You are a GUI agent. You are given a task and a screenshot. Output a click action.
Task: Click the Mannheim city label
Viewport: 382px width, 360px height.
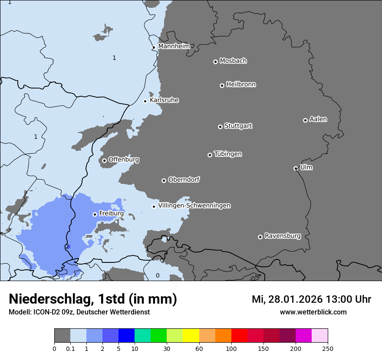click(x=174, y=46)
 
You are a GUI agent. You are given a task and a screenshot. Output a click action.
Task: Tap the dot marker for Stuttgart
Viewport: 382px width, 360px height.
click(x=220, y=127)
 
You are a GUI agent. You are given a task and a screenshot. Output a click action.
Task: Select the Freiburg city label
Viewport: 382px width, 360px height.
click(x=111, y=213)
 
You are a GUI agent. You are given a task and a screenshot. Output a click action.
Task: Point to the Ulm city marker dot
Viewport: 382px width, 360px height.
click(x=296, y=168)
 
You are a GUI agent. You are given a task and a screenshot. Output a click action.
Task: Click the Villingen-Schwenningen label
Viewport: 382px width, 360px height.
click(x=194, y=206)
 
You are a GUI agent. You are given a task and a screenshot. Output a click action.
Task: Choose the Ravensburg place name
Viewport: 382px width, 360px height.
click(x=282, y=236)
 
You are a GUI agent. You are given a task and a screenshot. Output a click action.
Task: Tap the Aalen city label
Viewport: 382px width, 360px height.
click(x=318, y=119)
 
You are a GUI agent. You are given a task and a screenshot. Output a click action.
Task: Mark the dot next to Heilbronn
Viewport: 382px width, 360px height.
click(x=222, y=85)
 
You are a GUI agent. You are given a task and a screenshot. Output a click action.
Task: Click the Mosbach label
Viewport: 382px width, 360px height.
click(x=233, y=61)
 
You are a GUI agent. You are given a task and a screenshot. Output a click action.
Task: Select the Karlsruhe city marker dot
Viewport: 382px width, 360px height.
click(x=145, y=101)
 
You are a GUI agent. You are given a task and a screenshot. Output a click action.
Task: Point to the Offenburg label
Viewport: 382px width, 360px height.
click(x=124, y=160)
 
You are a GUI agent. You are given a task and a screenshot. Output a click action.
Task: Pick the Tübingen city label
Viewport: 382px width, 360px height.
click(x=228, y=154)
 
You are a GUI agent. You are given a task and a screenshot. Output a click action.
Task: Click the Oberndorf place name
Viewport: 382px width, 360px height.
click(x=184, y=180)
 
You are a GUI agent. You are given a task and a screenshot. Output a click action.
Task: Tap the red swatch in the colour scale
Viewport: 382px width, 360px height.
click(x=239, y=336)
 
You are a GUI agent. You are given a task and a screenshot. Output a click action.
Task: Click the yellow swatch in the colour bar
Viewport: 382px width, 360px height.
click(x=191, y=336)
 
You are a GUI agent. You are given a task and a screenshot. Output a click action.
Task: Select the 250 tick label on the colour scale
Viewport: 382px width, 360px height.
click(x=328, y=348)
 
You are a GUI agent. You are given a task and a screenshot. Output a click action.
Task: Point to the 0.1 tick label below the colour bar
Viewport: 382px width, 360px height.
click(x=70, y=348)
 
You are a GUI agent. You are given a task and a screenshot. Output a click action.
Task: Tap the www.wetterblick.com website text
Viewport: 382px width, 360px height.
click(x=313, y=312)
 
